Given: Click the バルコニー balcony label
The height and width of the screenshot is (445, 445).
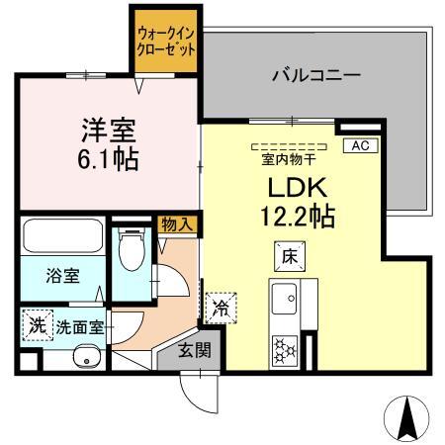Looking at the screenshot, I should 315,74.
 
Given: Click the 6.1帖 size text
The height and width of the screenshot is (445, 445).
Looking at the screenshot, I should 108,158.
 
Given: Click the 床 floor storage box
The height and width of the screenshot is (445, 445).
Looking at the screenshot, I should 289,256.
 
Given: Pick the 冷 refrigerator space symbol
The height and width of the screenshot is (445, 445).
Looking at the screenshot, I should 221,308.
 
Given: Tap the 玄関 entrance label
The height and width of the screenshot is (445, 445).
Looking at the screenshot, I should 194,349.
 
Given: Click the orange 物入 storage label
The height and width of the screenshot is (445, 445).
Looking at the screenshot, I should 179,225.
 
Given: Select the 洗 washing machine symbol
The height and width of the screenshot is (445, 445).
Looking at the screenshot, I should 37,323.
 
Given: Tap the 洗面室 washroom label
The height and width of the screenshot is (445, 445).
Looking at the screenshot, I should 79,325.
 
